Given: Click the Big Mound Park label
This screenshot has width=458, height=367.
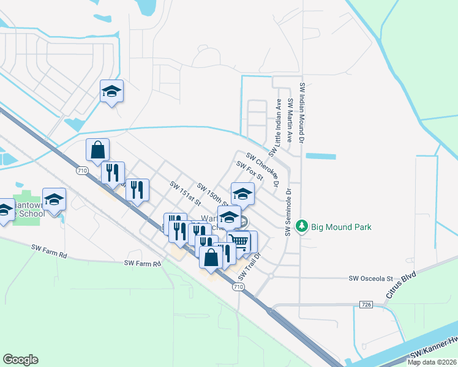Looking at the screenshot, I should tap(341, 227).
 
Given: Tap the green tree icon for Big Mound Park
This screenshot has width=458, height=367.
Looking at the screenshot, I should tap(301, 226).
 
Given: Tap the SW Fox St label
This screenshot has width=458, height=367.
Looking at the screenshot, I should tap(249, 171).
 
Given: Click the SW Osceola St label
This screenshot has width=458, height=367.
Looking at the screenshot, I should tap(370, 278).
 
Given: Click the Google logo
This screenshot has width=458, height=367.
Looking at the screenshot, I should tap(20, 360).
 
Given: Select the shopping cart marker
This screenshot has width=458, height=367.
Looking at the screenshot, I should tap(239, 242).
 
